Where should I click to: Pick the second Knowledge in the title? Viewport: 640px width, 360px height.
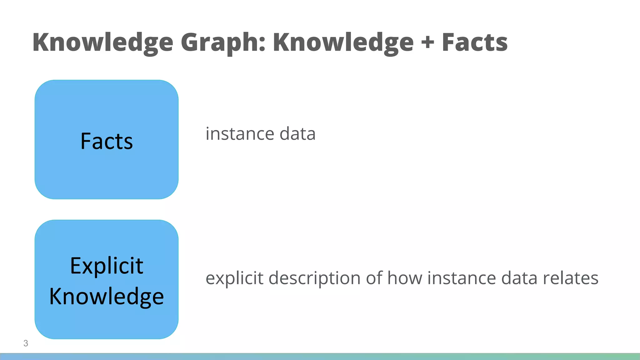click(343, 42)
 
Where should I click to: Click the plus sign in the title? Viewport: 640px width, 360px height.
click(428, 43)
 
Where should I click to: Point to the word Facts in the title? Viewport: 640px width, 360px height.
click(475, 42)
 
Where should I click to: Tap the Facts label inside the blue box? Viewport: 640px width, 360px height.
click(107, 141)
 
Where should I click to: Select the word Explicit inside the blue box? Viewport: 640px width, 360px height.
click(107, 266)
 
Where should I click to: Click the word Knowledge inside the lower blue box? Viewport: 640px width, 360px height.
click(107, 296)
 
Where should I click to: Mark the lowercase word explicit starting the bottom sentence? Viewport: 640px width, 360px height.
click(234, 278)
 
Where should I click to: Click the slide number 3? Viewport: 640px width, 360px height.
click(26, 343)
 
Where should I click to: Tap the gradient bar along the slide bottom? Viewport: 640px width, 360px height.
click(320, 357)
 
